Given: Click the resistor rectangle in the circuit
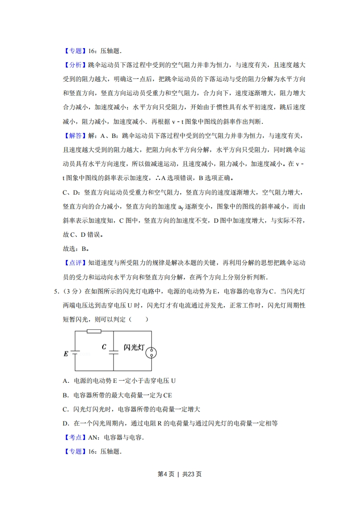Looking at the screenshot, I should pyautogui.click(x=94, y=331).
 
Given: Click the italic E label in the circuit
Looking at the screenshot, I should pyautogui.click(x=66, y=353).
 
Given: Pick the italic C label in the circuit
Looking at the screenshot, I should pyautogui.click(x=104, y=347).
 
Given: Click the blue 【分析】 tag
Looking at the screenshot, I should pyautogui.click(x=73, y=65).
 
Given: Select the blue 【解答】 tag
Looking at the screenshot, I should pyautogui.click(x=73, y=136).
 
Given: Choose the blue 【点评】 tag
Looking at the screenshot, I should pyautogui.click(x=73, y=262).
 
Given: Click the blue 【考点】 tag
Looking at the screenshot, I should pyautogui.click(x=73, y=437).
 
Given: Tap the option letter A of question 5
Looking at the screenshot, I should pyautogui.click(x=65, y=381).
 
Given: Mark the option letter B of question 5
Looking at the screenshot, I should pyautogui.click(x=65, y=395).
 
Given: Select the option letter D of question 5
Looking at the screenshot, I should pyautogui.click(x=65, y=423).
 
